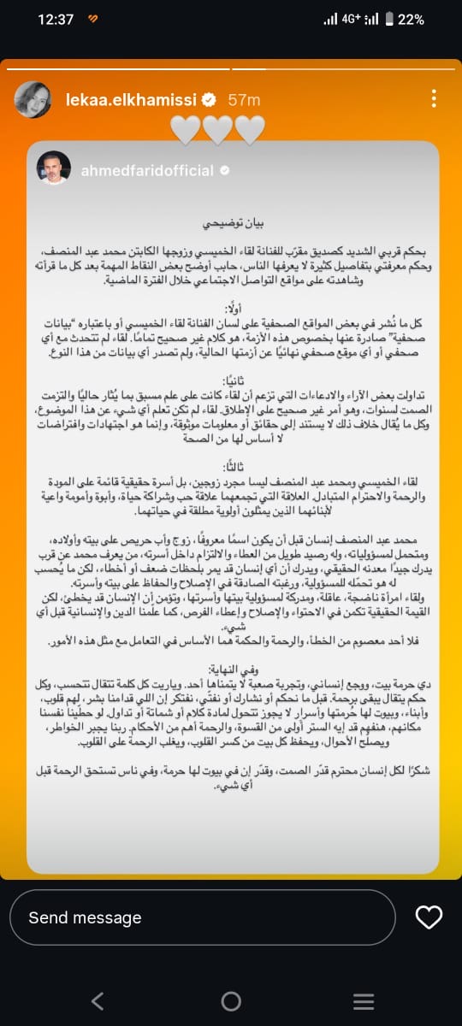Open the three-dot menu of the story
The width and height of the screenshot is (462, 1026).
coord(434,99)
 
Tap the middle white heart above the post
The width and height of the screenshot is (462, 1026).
coord(218,130)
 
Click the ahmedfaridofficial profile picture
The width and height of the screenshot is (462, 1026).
coord(53,168)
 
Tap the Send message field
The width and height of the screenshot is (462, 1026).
coord(205,917)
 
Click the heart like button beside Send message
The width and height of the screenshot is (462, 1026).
coord(428,917)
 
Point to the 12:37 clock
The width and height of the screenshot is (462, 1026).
coord(56,20)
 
